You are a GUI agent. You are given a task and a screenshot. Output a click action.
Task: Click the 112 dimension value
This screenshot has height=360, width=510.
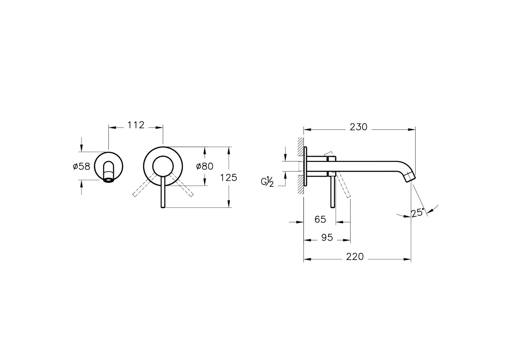pyautogui.click(x=136, y=125)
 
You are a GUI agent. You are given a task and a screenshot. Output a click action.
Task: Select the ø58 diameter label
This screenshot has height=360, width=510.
pyautogui.click(x=82, y=167)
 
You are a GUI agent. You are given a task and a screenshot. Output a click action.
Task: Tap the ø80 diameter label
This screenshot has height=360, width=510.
pyautogui.click(x=205, y=166)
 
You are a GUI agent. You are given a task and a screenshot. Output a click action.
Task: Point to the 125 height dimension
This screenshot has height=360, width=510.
pyautogui.click(x=229, y=177)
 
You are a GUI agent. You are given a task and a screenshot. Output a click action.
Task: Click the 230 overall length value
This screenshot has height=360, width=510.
pyautogui.click(x=359, y=127)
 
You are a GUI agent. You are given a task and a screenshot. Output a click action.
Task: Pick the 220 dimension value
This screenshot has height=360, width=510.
pyautogui.click(x=355, y=257)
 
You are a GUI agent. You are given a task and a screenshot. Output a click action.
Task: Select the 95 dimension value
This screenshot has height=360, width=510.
pyautogui.click(x=327, y=238)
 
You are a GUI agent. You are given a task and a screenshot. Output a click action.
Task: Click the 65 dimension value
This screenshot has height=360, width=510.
pyautogui.click(x=320, y=219)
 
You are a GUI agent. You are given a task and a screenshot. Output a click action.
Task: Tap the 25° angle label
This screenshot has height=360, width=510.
pyautogui.click(x=418, y=213)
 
